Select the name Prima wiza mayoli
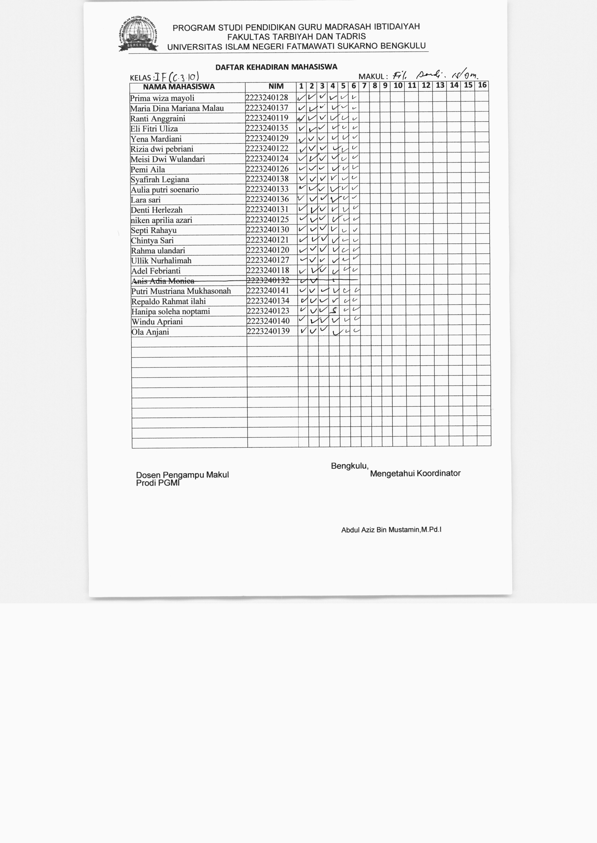162,98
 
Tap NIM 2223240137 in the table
267,108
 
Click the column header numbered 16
482,86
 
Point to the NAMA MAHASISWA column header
179,87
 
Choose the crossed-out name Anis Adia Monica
163,281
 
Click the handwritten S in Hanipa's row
334,311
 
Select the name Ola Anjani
150,332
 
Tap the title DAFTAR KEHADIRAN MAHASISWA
276,67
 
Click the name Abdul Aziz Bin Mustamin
391,530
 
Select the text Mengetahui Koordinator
415,473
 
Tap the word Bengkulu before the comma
349,466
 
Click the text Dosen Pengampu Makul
182,475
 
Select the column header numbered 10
398,86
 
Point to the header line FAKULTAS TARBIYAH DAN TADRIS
296,37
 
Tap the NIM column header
276,86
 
